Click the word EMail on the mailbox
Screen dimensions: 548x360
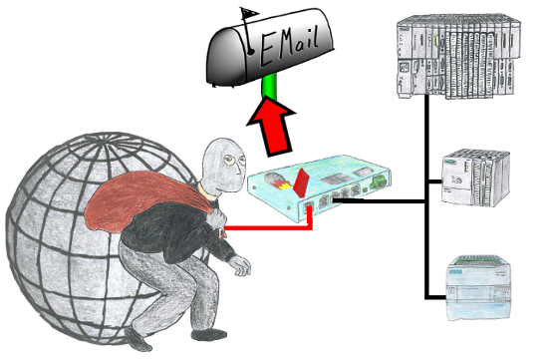click(x=289, y=46)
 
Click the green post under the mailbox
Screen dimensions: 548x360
click(x=269, y=88)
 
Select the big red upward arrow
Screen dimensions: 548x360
click(x=273, y=127)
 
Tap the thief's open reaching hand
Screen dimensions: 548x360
click(x=240, y=265)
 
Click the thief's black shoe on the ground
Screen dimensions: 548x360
click(x=209, y=335)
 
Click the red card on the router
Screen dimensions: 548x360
click(x=301, y=181)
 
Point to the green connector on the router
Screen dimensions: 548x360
click(x=378, y=181)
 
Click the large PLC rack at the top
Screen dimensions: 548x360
click(x=458, y=56)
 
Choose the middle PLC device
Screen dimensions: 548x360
click(x=475, y=178)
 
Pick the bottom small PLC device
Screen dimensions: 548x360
click(x=479, y=287)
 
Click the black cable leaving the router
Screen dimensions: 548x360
click(x=379, y=200)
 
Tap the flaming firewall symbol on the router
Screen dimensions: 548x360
click(x=276, y=180)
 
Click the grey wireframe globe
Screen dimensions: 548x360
click(x=102, y=238)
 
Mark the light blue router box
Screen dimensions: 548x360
click(x=319, y=187)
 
